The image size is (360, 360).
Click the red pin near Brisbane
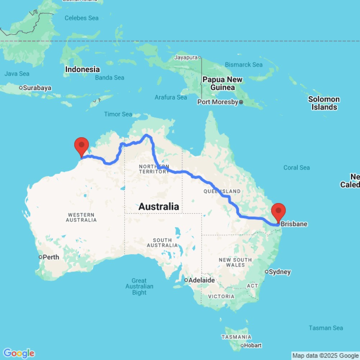pos(279,212)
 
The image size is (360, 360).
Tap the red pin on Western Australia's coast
pos(82,145)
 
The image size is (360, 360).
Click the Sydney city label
pos(280,271)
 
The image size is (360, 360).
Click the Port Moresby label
pos(217,102)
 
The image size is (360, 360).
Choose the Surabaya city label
pos(37,87)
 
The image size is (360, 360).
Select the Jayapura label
pos(186,57)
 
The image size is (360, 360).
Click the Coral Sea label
pos(296,167)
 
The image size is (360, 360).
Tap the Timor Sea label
pos(118,114)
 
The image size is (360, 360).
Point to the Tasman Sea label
pos(326,328)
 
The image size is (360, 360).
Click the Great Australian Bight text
pos(139,287)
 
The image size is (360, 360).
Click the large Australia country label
pos(158,207)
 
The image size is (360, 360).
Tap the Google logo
pos(19,353)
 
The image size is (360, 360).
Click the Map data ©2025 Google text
pos(325,356)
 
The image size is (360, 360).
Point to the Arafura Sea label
pos(171,97)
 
